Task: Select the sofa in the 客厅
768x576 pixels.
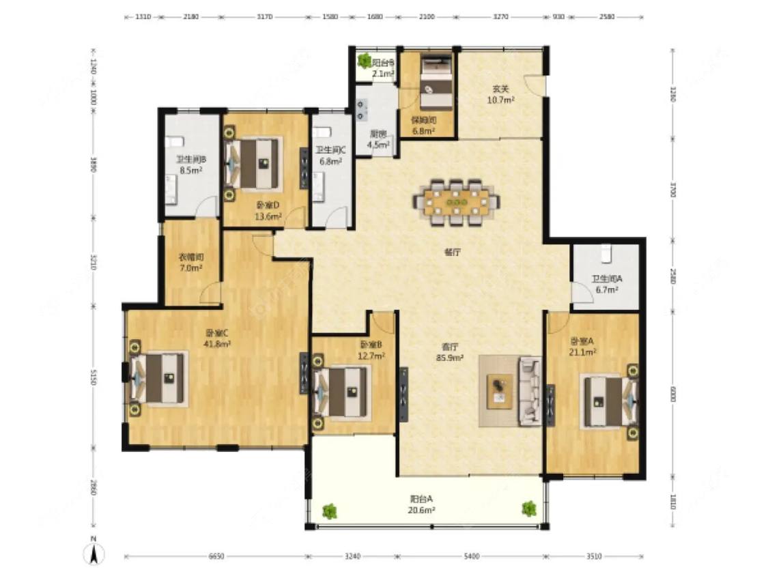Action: [x=530, y=390]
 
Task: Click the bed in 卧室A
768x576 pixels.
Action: [x=608, y=402]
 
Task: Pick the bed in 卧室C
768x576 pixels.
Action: [x=159, y=377]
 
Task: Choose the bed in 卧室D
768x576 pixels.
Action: [x=254, y=163]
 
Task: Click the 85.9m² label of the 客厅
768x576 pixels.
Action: [x=450, y=356]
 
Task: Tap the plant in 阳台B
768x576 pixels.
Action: [x=364, y=59]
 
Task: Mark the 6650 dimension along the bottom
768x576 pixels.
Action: [x=216, y=557]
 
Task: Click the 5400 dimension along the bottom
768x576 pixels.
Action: [x=470, y=557]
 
